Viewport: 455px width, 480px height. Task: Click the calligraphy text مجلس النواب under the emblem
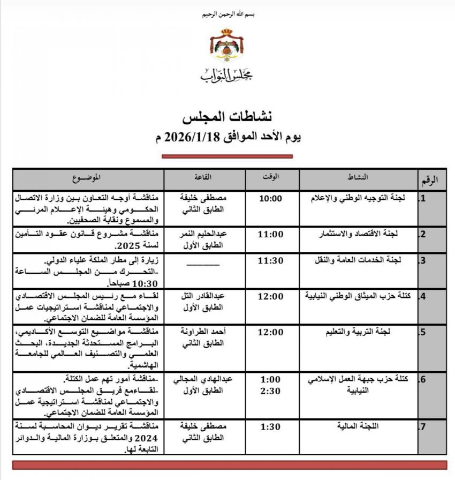coord(227,76)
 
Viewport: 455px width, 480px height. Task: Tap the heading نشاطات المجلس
coord(227,116)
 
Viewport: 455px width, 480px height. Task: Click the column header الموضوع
coord(88,177)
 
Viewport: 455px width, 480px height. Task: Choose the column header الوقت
coord(271,177)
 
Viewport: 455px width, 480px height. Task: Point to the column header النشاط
coord(358,177)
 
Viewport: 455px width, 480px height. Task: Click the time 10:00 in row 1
coord(270,198)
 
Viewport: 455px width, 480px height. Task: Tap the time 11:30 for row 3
coord(270,261)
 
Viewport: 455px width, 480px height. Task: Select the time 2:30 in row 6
coord(270,391)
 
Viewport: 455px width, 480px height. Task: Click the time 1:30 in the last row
coord(270,427)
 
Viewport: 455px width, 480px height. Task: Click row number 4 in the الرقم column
coord(423,296)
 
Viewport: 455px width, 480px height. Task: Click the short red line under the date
coord(227,156)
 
